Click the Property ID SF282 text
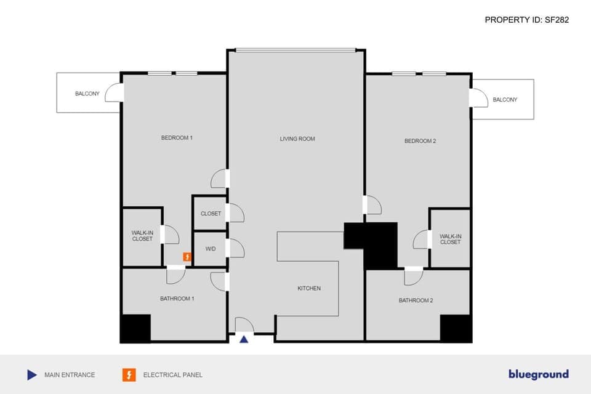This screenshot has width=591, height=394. coord(526,20)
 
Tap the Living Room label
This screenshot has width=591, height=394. coord(297,139)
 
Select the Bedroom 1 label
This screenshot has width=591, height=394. coord(177,138)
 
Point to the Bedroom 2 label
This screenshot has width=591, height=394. coord(420,141)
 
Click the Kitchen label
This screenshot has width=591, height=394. coord(309,288)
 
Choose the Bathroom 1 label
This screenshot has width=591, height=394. coord(177,299)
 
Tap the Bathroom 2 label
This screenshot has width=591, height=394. coord(416,300)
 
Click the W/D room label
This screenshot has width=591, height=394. coord(211,249)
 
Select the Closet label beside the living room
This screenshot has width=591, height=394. coord(211,214)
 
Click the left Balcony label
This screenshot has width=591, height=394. coord(87,94)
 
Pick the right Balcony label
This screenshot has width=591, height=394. coord(505,100)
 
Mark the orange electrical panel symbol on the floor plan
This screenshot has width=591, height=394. coord(187,257)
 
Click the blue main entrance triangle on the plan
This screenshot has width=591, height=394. coord(244,339)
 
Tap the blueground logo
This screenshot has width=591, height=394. coord(538,374)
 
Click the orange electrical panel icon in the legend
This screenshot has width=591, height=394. coord(129,374)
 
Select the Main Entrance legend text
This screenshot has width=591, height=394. coord(70,374)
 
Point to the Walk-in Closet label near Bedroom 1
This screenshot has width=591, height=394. coord(142,236)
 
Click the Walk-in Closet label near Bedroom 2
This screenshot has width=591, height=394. coord(450,239)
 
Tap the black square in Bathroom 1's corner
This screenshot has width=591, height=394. coord(135,328)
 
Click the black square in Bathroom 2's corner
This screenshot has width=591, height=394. coord(456,328)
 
